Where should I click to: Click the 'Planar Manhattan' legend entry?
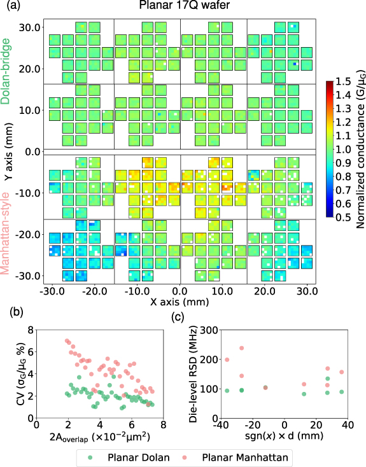coord(239,457)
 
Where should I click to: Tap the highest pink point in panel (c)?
coord(241,348)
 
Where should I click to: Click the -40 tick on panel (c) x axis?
coord(220,424)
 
